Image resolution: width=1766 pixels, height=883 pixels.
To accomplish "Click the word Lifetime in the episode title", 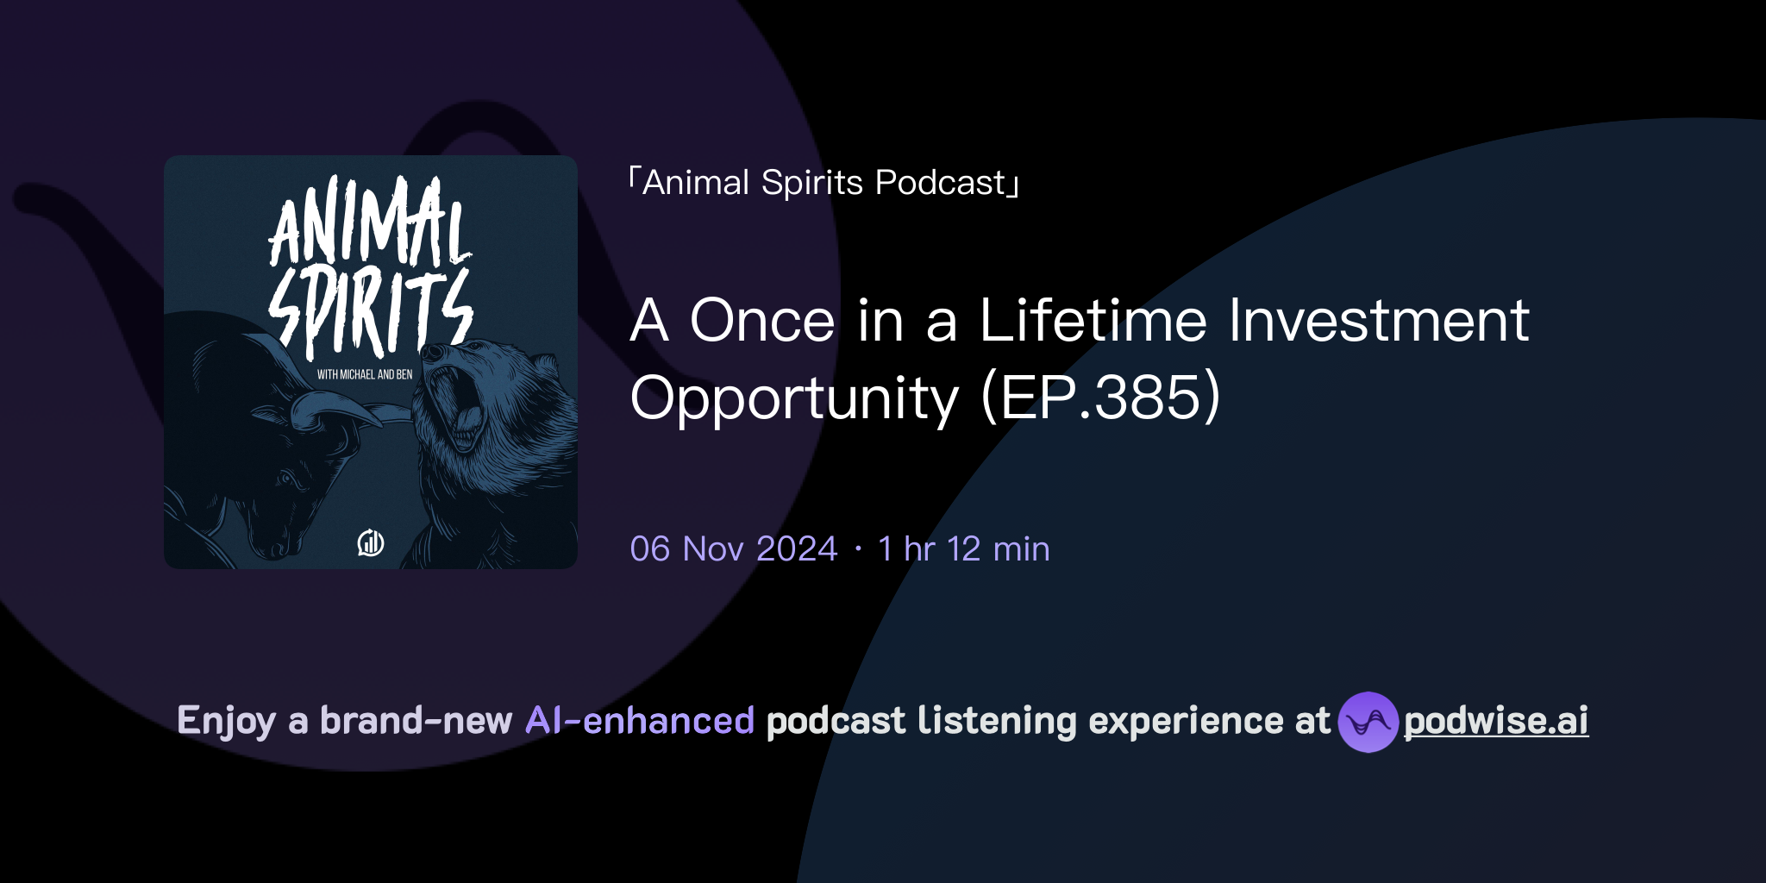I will [x=1093, y=321].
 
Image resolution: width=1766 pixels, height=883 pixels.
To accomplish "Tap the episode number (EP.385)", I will [x=1100, y=398].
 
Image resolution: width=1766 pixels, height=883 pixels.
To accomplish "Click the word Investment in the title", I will [x=1378, y=321].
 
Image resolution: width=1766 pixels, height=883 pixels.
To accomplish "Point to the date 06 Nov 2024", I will [x=733, y=549].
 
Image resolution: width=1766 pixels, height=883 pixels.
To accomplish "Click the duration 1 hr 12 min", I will [x=963, y=549].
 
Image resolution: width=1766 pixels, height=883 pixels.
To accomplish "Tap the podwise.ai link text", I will [x=1495, y=722].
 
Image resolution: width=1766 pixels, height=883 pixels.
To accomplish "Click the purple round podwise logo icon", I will [x=1368, y=722].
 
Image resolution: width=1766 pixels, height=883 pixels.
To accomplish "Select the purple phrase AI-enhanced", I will [x=640, y=721].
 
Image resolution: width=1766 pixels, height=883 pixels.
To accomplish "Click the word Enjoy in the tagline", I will [x=226, y=722].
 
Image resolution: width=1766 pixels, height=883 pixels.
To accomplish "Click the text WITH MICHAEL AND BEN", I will [x=365, y=374].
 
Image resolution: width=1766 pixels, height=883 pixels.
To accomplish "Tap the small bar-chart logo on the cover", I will [x=371, y=542].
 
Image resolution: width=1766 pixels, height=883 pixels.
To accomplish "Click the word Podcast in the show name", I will [x=940, y=183].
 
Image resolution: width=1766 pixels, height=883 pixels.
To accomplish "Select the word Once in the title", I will [x=762, y=321].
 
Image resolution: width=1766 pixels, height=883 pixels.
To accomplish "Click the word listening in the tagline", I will [x=996, y=722].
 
